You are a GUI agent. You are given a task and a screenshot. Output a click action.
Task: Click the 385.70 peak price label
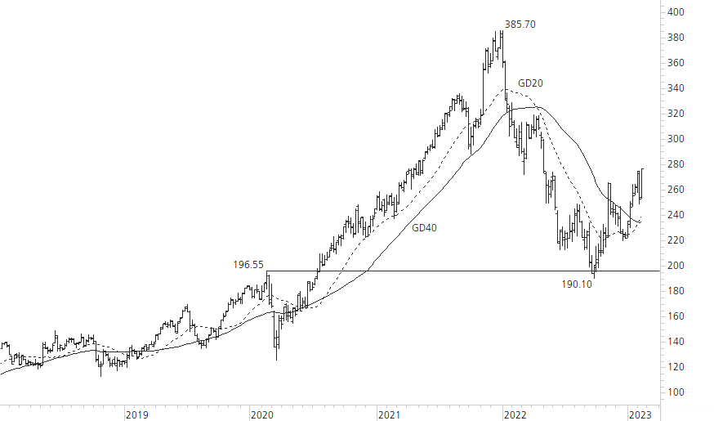click(520, 25)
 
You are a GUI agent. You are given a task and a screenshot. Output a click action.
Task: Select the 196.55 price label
click(248, 264)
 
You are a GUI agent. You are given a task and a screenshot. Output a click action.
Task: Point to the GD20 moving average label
click(531, 83)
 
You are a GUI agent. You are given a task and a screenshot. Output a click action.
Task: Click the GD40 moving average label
click(424, 228)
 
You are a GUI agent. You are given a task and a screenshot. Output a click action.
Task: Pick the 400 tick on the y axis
click(676, 12)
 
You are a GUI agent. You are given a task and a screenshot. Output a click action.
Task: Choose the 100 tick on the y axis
click(676, 392)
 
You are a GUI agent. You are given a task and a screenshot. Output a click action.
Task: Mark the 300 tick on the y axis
click(676, 139)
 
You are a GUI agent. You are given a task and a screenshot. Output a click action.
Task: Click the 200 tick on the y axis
click(676, 266)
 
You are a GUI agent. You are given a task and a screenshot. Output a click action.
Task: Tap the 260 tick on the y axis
click(676, 190)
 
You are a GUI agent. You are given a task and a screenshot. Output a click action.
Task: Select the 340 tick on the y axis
click(676, 88)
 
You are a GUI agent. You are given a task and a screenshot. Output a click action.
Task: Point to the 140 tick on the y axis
click(676, 342)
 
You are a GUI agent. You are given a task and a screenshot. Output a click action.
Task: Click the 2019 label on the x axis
click(136, 414)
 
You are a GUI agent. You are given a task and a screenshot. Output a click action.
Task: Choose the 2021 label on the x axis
click(389, 414)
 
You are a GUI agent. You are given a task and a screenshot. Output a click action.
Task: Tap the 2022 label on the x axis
click(515, 414)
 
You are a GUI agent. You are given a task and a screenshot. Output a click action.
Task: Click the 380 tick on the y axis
click(676, 38)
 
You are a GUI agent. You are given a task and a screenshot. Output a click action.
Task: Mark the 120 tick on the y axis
click(676, 367)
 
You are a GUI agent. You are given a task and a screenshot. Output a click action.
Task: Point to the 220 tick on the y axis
click(676, 240)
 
